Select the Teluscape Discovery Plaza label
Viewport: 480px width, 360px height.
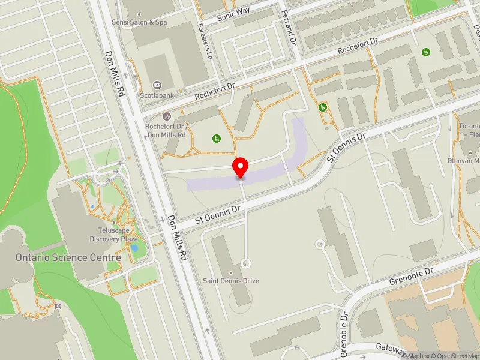pos(115,235)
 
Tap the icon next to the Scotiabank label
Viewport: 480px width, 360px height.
pos(157,84)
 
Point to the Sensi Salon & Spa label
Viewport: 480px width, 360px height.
pos(140,22)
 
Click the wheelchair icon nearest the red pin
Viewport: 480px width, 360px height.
pos(216,139)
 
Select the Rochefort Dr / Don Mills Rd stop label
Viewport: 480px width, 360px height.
pos(165,131)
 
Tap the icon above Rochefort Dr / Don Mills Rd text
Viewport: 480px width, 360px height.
pos(166,116)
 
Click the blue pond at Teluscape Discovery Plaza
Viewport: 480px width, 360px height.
pos(134,247)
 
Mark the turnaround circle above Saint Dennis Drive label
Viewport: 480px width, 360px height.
pos(245,263)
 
